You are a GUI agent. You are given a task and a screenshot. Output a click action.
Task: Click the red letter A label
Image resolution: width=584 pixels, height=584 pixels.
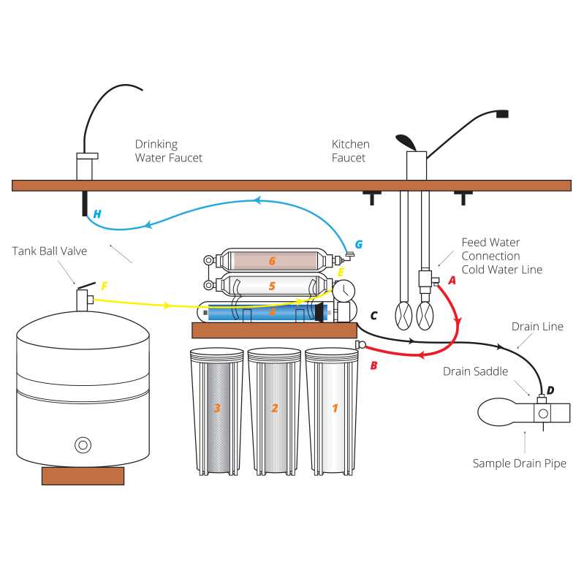(x=452, y=278)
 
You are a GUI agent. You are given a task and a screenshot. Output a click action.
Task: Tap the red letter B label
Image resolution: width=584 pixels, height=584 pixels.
(x=373, y=364)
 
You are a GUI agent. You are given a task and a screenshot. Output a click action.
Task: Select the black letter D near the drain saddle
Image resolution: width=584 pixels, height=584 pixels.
(x=550, y=390)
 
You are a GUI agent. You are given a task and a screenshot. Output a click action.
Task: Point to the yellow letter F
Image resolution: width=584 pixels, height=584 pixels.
(x=105, y=286)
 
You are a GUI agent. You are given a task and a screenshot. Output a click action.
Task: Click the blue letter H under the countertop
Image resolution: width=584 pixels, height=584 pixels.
(x=97, y=214)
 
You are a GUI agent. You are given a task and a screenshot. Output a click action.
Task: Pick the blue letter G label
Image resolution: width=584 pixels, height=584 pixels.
(x=358, y=244)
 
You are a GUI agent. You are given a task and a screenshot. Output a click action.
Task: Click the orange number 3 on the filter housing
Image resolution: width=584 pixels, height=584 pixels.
(x=217, y=408)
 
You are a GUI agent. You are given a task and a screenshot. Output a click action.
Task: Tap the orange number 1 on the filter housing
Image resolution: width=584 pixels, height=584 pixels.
(x=335, y=408)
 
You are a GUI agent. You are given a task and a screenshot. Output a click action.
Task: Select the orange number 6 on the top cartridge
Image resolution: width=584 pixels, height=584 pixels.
(x=271, y=261)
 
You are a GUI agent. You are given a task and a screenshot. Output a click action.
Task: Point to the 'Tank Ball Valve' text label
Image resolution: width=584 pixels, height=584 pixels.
(x=49, y=251)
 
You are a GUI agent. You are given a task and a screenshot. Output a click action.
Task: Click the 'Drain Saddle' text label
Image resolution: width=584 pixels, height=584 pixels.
(x=475, y=371)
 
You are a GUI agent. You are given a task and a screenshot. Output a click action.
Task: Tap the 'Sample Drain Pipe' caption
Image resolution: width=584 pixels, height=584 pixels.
(x=520, y=463)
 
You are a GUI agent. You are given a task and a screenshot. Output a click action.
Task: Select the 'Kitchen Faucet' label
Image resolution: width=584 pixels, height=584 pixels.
(x=351, y=151)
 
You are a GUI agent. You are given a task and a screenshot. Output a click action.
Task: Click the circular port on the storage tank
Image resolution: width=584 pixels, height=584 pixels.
(x=83, y=444)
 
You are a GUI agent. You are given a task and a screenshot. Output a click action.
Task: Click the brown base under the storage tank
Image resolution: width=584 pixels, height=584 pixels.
(x=83, y=476)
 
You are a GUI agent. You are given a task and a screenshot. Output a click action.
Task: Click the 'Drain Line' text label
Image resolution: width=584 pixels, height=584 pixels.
(x=537, y=326)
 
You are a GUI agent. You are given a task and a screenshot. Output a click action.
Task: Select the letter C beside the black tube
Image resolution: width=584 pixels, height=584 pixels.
(x=373, y=316)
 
